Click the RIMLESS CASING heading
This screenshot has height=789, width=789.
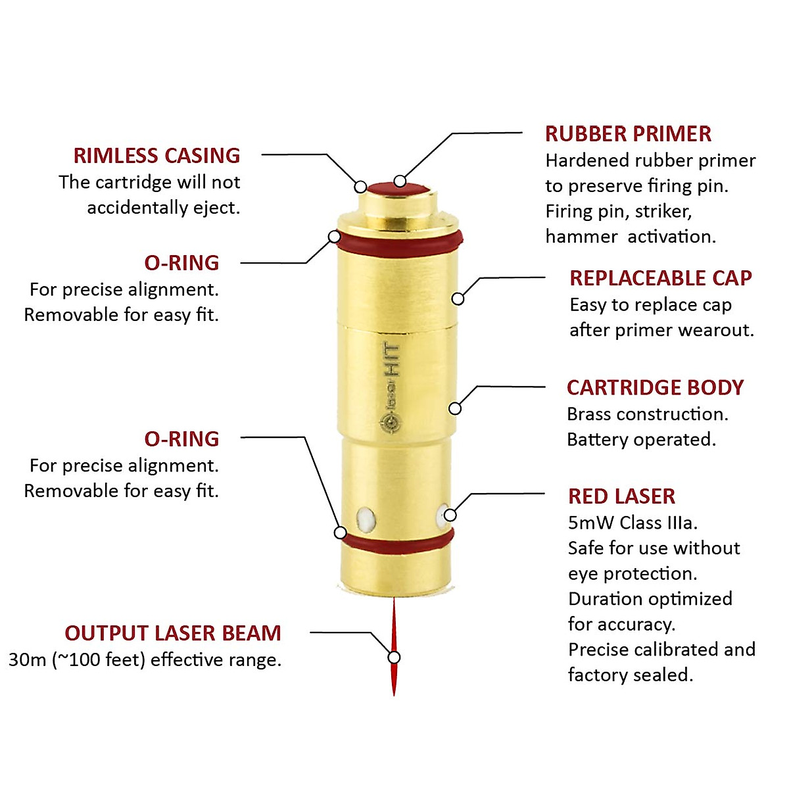[156, 156]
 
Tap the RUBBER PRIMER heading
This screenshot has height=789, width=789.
[628, 134]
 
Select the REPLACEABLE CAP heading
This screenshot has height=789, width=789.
[660, 278]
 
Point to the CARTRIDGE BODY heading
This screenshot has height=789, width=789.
[655, 388]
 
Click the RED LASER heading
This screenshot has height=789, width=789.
[621, 496]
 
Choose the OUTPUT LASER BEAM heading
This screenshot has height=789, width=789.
[173, 633]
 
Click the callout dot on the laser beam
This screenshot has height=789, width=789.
[394, 657]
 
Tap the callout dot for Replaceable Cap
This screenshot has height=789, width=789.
[458, 299]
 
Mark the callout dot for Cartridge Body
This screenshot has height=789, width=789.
[454, 409]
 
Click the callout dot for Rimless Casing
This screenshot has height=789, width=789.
[360, 187]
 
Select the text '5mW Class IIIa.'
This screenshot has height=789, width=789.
[633, 523]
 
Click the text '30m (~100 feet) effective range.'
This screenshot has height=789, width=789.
[145, 659]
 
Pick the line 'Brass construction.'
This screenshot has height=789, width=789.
[647, 414]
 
